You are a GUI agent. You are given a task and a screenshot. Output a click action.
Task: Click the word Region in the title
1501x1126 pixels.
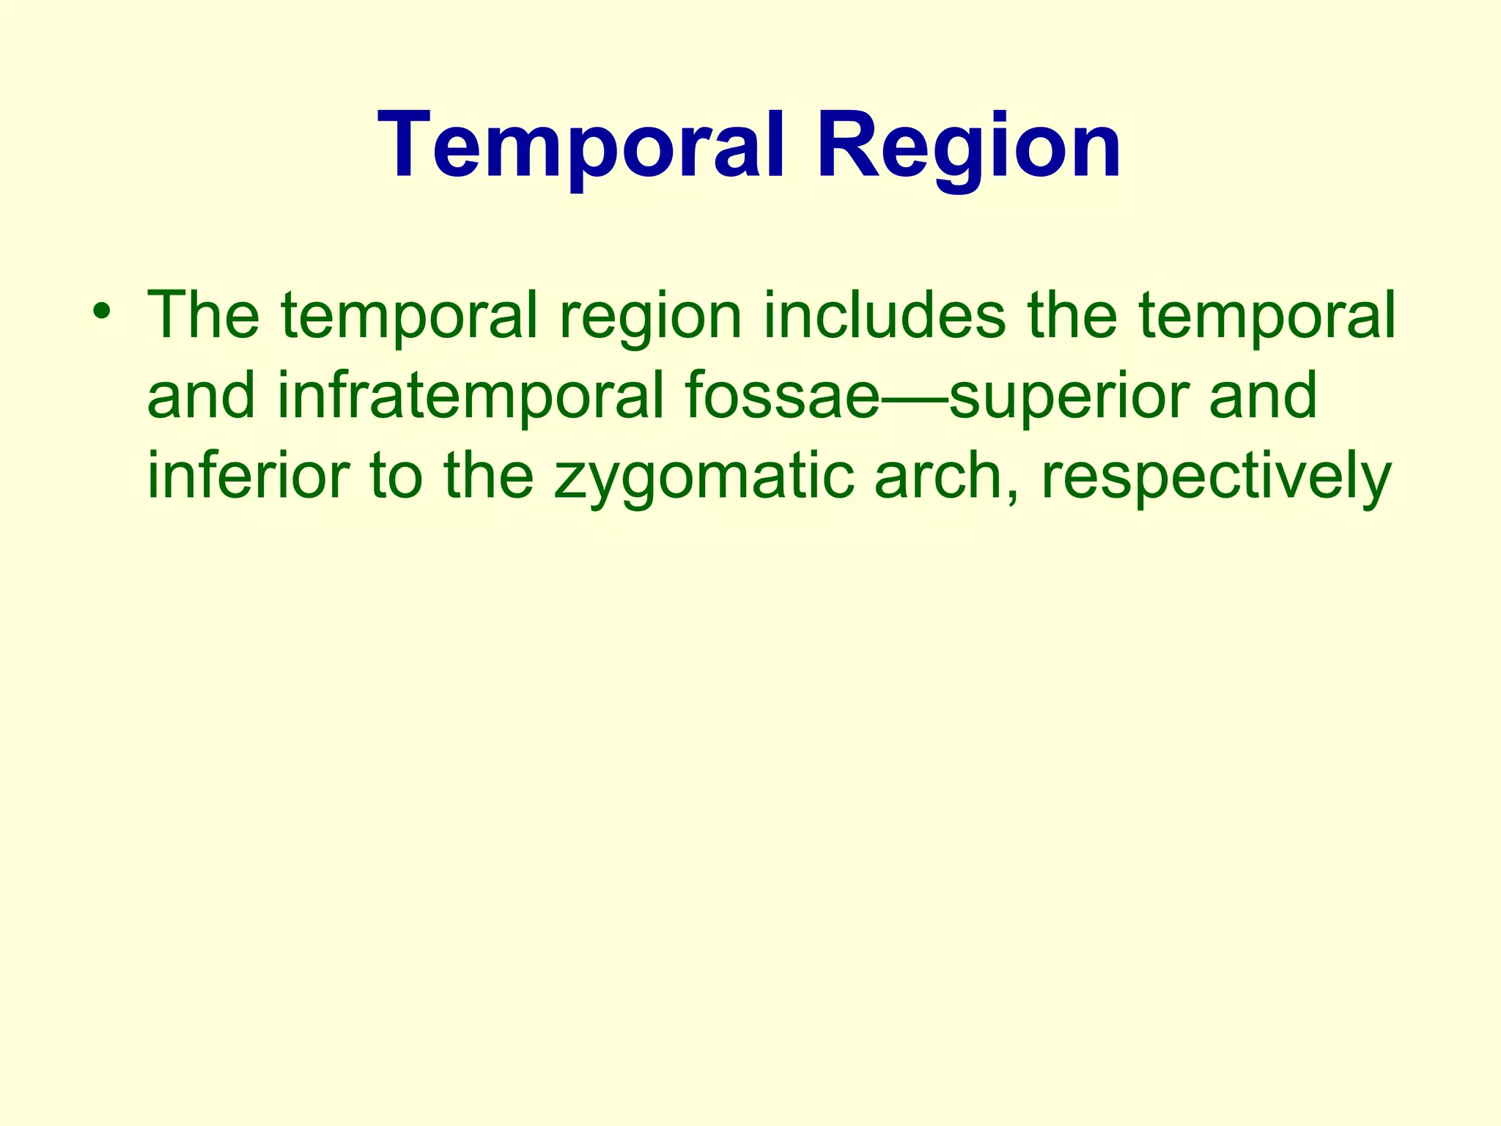[969, 144]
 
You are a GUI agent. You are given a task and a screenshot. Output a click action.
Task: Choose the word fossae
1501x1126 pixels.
[781, 396]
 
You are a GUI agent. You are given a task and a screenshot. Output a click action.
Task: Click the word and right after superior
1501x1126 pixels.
[1262, 396]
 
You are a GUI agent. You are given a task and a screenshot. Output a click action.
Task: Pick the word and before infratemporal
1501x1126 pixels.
[201, 396]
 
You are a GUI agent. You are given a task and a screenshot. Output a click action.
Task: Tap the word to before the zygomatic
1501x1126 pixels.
[396, 476]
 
